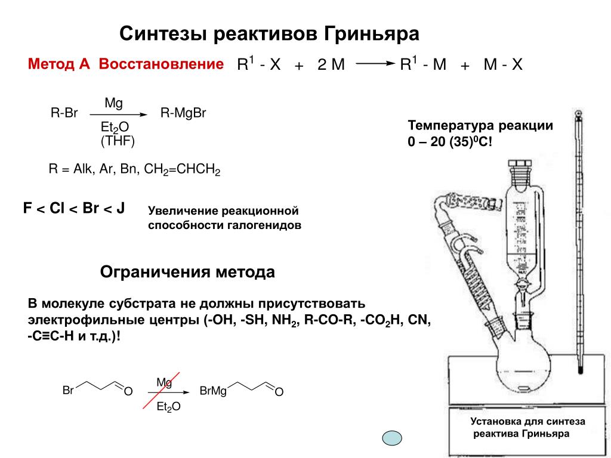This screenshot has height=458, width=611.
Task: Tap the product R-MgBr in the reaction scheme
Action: pos(183,113)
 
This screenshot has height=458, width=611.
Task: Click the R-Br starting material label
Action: pos(64,113)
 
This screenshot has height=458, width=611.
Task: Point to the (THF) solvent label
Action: pos(118,141)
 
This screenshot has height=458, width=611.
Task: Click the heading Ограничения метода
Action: pos(187,273)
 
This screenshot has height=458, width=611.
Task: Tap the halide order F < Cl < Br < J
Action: pos(73,209)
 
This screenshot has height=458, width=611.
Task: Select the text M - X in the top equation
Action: pos(502,64)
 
